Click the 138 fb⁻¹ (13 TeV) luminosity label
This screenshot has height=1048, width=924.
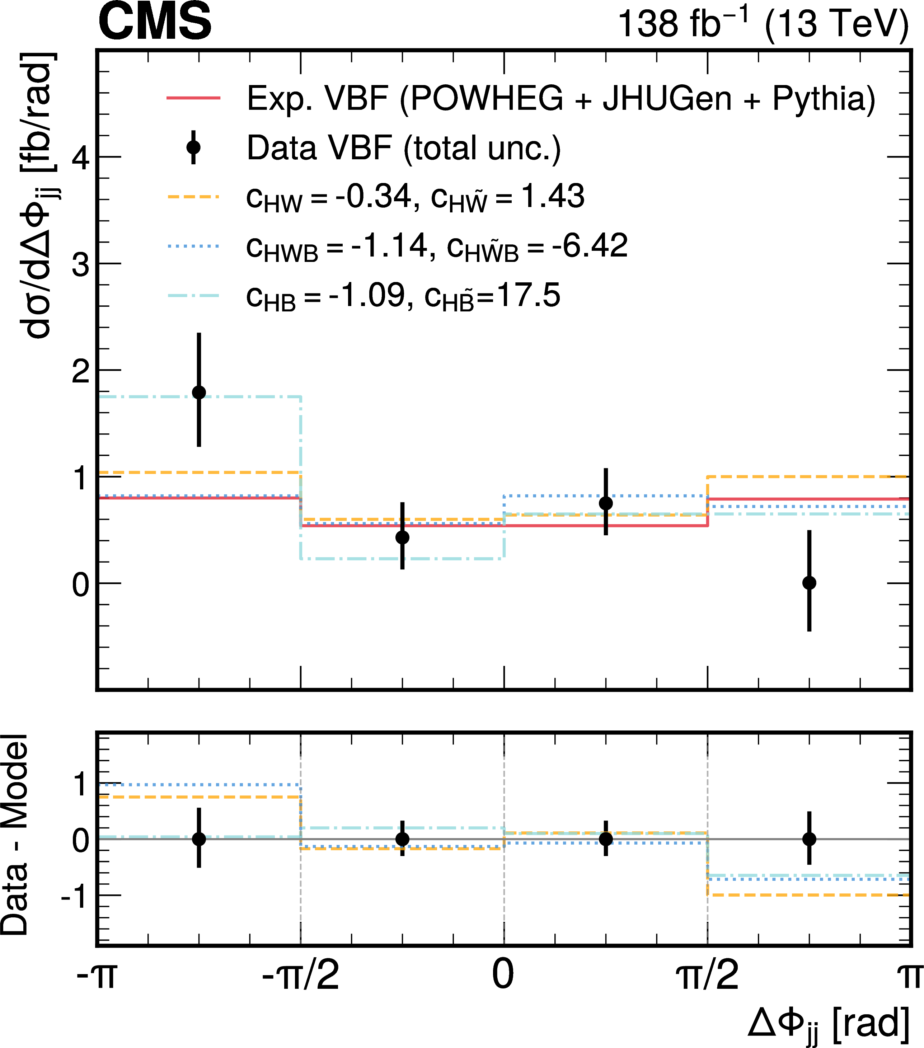tap(763, 24)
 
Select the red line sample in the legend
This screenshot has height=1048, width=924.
tap(193, 98)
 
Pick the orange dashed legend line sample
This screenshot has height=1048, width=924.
tap(193, 196)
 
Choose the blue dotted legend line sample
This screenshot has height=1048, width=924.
tap(193, 246)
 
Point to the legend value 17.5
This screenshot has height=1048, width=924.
tap(528, 295)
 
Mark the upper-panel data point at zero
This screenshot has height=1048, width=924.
tap(809, 583)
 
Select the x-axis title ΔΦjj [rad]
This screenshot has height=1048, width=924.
tap(828, 1023)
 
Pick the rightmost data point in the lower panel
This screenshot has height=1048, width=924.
tap(809, 839)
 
